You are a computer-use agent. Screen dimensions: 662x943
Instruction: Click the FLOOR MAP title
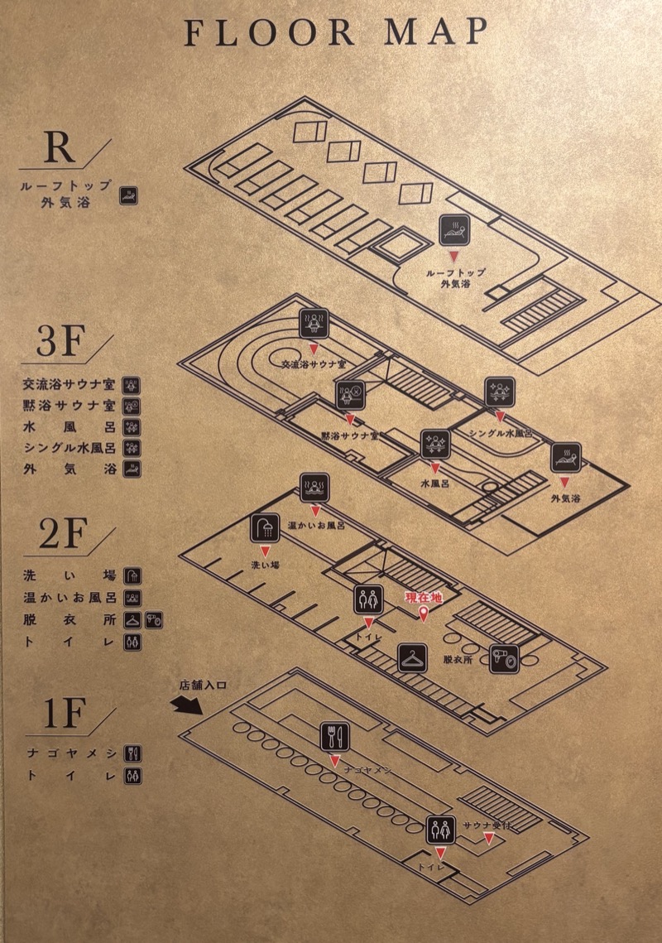tap(335, 32)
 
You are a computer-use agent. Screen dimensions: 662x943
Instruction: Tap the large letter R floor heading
tap(60, 147)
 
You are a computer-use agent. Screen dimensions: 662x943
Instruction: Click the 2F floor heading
tap(63, 533)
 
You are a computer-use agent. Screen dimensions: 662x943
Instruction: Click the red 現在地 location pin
tap(424, 614)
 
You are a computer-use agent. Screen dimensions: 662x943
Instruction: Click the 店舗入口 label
tap(203, 685)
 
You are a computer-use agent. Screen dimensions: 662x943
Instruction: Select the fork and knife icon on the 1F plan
tap(335, 736)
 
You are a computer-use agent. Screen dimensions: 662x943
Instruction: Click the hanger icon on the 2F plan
tap(412, 658)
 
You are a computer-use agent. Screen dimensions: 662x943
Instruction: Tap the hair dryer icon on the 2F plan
tap(505, 658)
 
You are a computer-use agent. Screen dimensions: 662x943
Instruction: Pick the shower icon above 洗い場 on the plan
tap(265, 527)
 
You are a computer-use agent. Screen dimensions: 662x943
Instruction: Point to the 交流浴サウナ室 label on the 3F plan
tap(314, 364)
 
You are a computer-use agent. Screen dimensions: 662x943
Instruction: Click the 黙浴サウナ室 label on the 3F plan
tap(349, 435)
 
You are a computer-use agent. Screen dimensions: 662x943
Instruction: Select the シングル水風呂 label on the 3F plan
tap(501, 433)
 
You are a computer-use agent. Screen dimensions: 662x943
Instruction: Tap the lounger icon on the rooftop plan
tap(454, 229)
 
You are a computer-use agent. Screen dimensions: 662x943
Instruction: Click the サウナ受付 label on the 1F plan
tap(487, 825)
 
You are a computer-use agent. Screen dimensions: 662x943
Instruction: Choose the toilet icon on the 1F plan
tap(441, 830)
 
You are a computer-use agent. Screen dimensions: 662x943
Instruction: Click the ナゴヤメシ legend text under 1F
tap(71, 753)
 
